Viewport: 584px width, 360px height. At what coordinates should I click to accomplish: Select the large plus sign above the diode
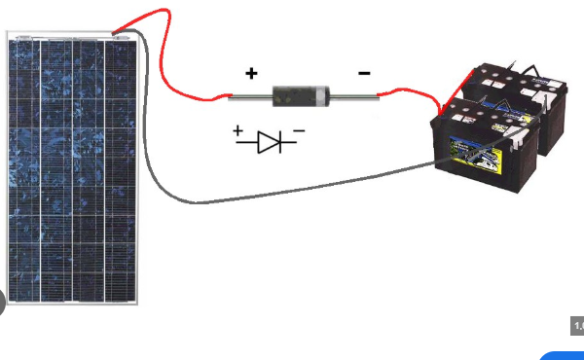(x=252, y=73)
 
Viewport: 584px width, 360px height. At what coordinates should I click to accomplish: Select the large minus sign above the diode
(x=363, y=72)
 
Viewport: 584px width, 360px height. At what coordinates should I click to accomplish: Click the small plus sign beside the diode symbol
(x=237, y=130)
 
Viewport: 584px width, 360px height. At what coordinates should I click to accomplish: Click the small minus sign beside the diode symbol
(x=299, y=129)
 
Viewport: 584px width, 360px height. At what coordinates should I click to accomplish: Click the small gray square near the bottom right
(x=576, y=326)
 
